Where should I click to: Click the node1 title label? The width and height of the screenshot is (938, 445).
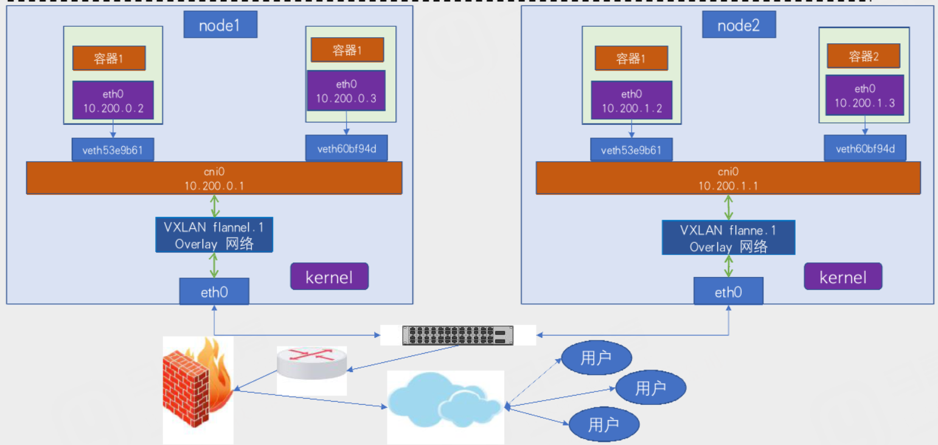point(220,26)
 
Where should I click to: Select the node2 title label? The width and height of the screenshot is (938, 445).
point(738,26)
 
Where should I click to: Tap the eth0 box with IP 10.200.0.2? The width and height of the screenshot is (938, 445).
point(113,102)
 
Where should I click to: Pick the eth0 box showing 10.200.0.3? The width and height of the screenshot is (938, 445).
point(346,91)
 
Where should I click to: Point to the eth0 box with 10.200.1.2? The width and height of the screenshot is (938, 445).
point(631,101)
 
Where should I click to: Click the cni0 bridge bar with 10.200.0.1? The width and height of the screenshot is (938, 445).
point(214,178)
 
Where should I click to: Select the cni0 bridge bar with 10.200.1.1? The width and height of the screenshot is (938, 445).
point(727,178)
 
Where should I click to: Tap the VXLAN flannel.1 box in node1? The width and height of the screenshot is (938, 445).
point(214,235)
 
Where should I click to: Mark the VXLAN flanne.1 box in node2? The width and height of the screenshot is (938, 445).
point(728,238)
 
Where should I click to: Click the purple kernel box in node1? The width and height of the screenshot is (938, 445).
point(329,276)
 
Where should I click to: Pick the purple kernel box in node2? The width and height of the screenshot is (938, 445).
point(842,276)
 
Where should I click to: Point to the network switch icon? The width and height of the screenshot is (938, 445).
point(458,335)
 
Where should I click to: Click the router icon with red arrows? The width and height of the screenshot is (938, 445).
point(311,363)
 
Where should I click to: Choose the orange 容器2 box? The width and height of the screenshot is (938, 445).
point(863,56)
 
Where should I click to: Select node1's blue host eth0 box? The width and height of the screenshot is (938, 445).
point(214,292)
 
